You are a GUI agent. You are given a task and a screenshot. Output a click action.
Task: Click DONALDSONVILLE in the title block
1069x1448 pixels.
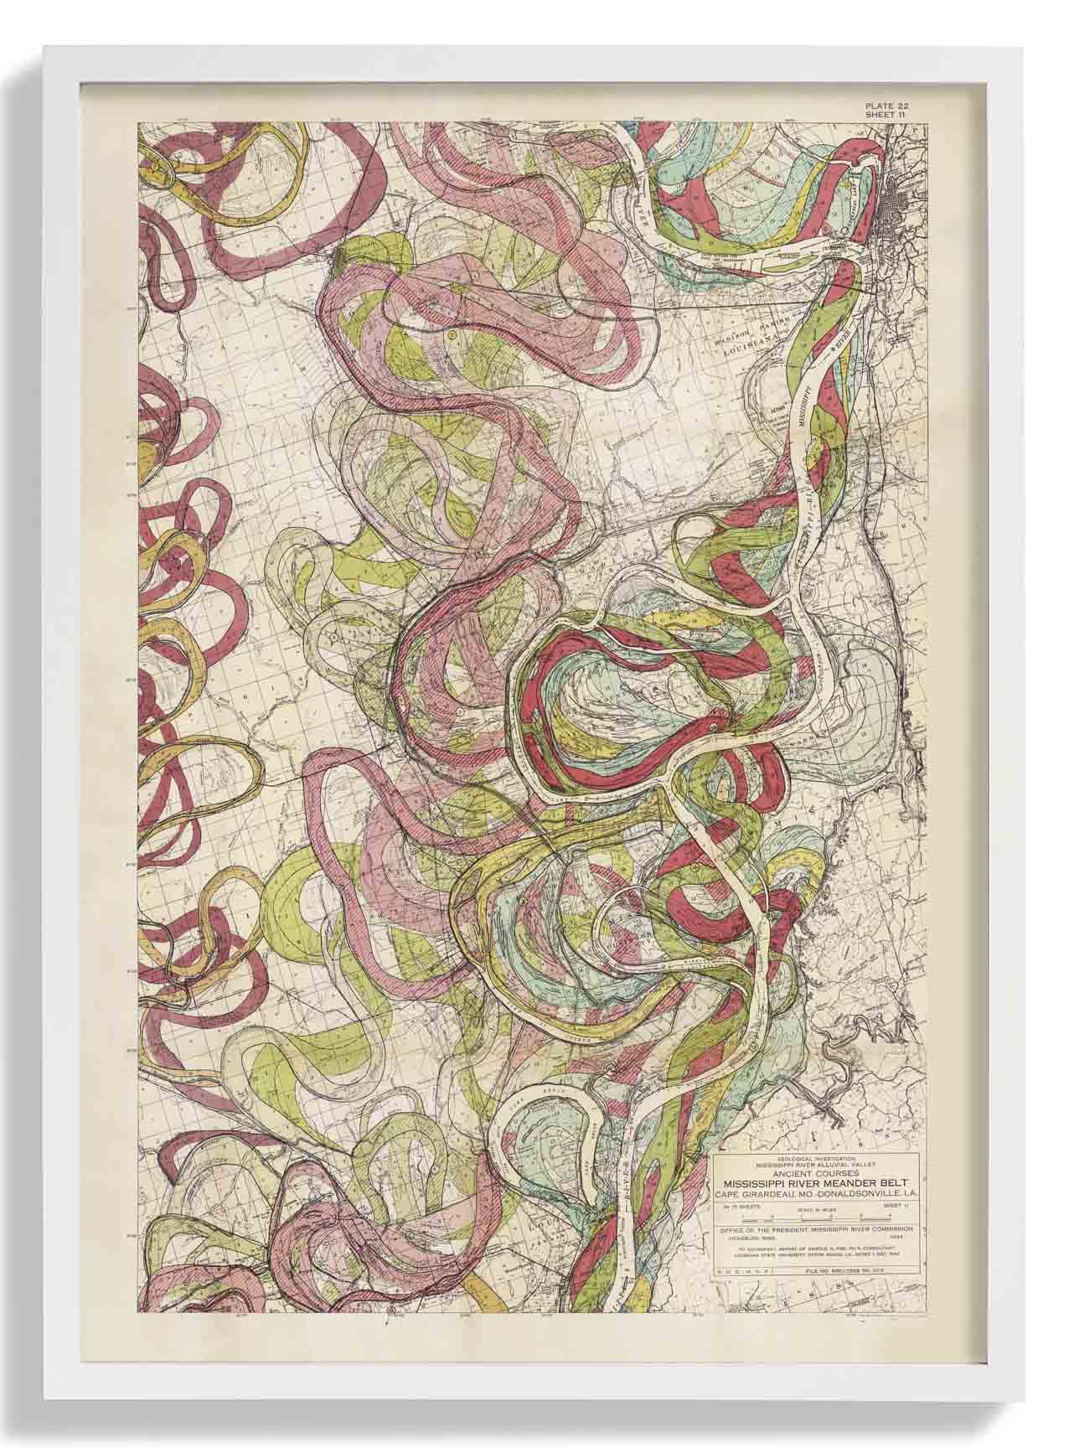click(858, 1194)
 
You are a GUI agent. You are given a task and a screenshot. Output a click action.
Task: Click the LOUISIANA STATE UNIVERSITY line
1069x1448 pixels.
click(816, 1254)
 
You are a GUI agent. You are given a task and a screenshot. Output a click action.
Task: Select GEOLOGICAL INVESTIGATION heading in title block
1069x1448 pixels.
click(816, 1158)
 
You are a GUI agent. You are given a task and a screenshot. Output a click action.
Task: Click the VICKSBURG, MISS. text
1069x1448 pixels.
click(752, 1239)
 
